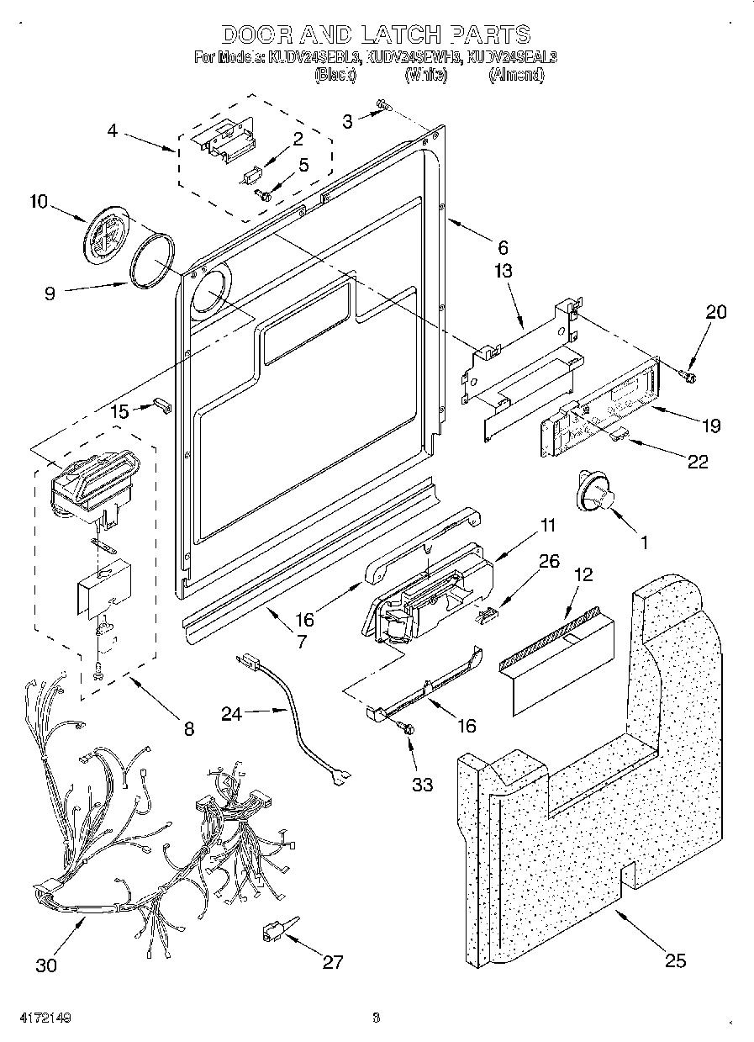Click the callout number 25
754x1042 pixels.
click(675, 960)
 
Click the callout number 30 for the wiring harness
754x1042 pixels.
click(47, 965)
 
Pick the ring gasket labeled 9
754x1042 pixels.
click(152, 262)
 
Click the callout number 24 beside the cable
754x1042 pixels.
click(232, 713)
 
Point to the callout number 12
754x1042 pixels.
click(583, 574)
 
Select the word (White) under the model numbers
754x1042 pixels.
click(426, 75)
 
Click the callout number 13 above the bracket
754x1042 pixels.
click(503, 271)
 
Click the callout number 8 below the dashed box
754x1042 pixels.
click(187, 728)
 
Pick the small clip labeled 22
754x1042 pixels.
click(620, 432)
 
